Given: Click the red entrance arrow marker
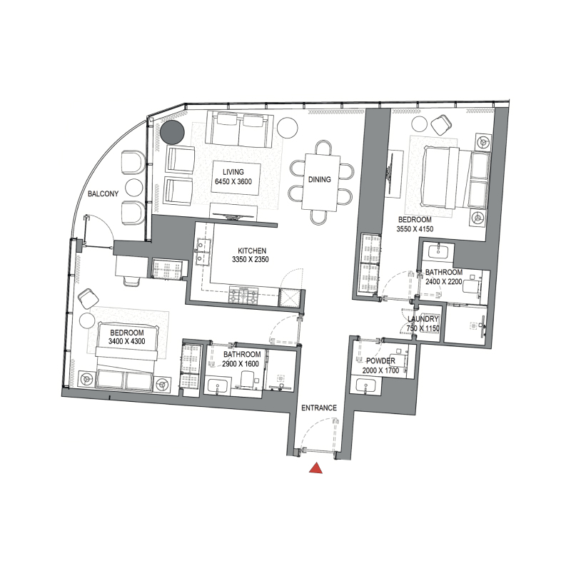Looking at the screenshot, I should (x=315, y=468).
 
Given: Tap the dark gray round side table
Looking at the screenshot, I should (x=171, y=131).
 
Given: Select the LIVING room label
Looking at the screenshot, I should (x=233, y=172).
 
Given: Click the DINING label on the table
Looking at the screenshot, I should (x=319, y=179).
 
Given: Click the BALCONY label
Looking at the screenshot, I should (x=103, y=194).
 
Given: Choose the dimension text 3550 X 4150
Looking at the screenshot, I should (x=415, y=229).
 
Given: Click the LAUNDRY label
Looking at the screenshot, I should (x=423, y=319).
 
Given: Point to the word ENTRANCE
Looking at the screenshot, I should (x=319, y=408).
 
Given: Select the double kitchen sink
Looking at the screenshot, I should (x=203, y=247).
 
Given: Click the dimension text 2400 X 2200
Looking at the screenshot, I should (x=444, y=282).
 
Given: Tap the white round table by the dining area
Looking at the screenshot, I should (x=288, y=126).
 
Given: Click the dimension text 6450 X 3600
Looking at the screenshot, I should (x=233, y=182).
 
